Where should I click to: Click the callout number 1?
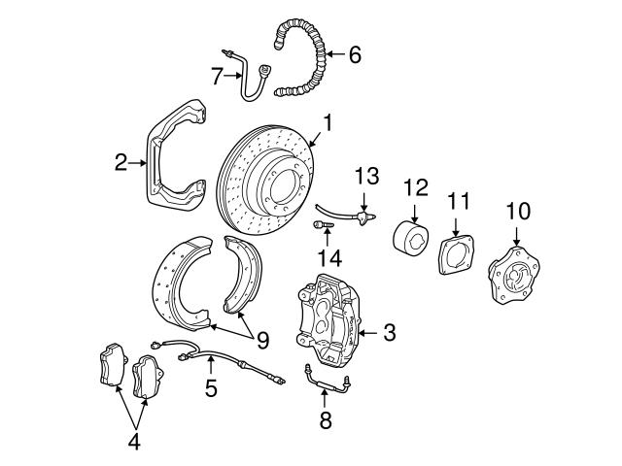[x=328, y=122]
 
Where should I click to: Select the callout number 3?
[x=389, y=334]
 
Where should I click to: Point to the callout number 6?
[x=354, y=55]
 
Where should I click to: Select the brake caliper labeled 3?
[x=328, y=316]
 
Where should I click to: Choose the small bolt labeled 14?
[x=325, y=225]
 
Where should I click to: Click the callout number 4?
[x=134, y=443]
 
